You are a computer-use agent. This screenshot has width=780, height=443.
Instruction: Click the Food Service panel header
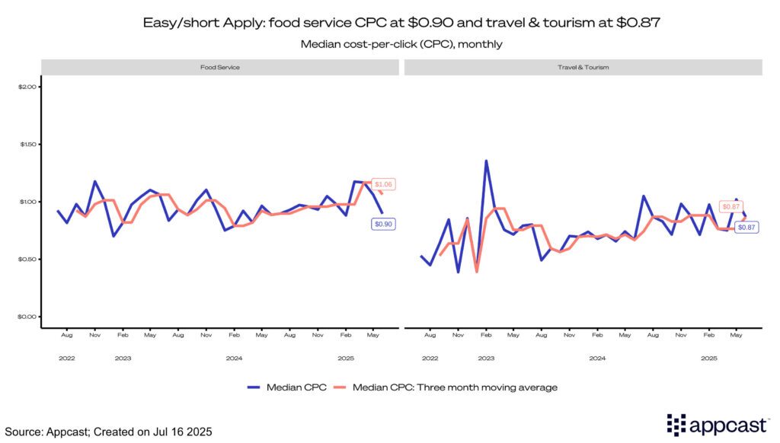[221, 67]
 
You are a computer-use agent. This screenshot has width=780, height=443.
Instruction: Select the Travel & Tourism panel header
[583, 67]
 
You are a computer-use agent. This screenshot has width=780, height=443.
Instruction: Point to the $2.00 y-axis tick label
[27, 87]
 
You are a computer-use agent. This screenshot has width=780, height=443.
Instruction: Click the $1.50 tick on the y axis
[27, 145]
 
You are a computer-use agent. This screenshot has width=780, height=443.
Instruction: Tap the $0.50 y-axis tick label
[27, 260]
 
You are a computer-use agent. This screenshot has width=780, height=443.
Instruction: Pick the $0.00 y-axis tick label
[27, 317]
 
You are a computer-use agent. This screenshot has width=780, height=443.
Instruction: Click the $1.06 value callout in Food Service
[384, 184]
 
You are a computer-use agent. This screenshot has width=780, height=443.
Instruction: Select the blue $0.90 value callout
[383, 224]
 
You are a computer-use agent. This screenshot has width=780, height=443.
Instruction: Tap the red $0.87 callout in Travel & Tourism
[730, 207]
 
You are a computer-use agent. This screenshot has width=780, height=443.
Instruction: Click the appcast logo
[716, 425]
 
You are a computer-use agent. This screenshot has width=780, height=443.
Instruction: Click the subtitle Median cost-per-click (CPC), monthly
[390, 44]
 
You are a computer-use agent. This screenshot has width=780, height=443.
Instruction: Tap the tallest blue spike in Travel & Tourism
[486, 161]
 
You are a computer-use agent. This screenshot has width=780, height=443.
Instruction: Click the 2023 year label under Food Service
[123, 357]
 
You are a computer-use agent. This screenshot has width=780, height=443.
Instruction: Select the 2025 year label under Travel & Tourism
[708, 357]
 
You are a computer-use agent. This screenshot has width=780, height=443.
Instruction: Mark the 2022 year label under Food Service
[67, 357]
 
